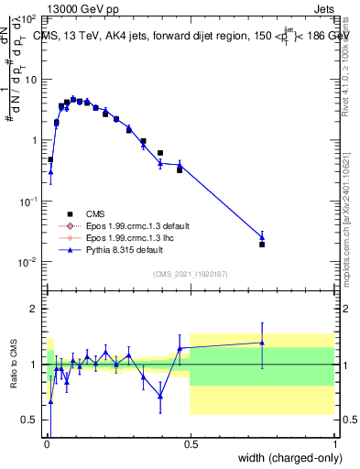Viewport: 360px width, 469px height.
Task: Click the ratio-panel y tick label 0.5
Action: point(30,420)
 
